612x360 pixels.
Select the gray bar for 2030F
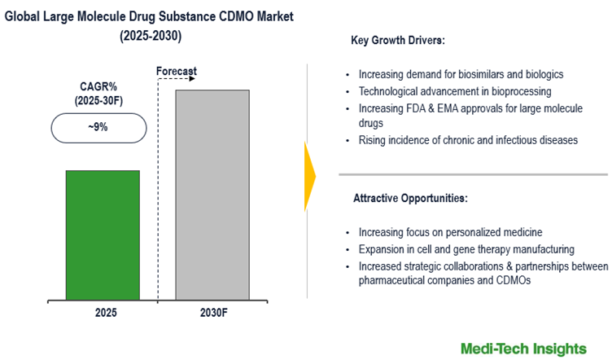[x=212, y=196]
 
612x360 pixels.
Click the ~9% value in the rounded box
[x=98, y=128]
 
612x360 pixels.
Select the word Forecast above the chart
[x=177, y=72]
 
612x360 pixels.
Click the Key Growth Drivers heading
[x=398, y=40]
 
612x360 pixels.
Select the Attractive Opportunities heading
[x=409, y=198]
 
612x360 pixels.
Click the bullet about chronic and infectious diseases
[x=467, y=140]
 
